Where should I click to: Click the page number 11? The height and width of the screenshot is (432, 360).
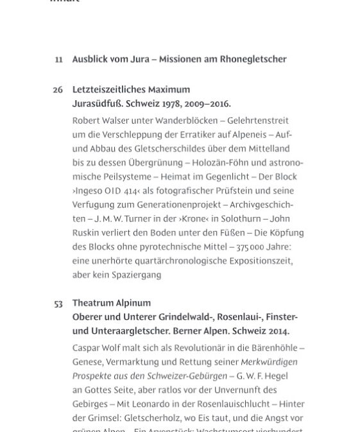(58, 60)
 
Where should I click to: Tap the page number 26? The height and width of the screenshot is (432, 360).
(58, 90)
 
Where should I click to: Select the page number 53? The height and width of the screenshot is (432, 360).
(58, 304)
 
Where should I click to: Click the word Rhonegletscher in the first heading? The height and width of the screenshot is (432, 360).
(253, 60)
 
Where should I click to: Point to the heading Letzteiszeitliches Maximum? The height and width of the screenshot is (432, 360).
(131, 90)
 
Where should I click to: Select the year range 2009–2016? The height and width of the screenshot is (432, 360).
(207, 103)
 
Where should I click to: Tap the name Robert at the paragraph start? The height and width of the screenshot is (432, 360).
(87, 121)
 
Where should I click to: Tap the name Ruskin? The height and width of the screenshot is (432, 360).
(87, 233)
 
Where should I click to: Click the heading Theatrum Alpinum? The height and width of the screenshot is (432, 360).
(112, 304)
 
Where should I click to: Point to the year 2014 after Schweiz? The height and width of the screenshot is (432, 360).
(276, 332)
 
